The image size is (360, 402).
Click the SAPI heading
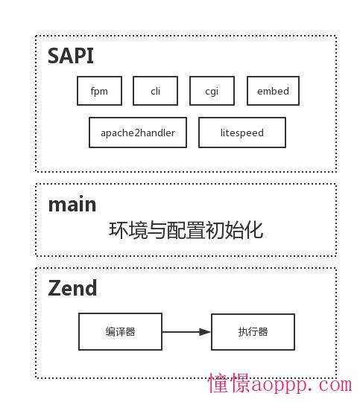tap(71, 56)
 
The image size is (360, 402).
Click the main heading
tap(72, 204)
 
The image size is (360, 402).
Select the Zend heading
tap(72, 288)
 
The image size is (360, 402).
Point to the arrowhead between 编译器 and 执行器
tap(205, 332)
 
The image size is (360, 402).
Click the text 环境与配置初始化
tap(186, 230)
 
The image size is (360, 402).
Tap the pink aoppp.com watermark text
tap(302, 385)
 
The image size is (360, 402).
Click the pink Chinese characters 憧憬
tap(229, 383)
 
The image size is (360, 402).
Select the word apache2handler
tap(138, 133)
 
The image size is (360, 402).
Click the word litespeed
tap(242, 133)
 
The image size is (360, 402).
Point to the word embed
tap(274, 91)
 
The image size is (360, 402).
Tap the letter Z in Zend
tap(54, 288)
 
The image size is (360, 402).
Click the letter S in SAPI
tap(53, 56)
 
